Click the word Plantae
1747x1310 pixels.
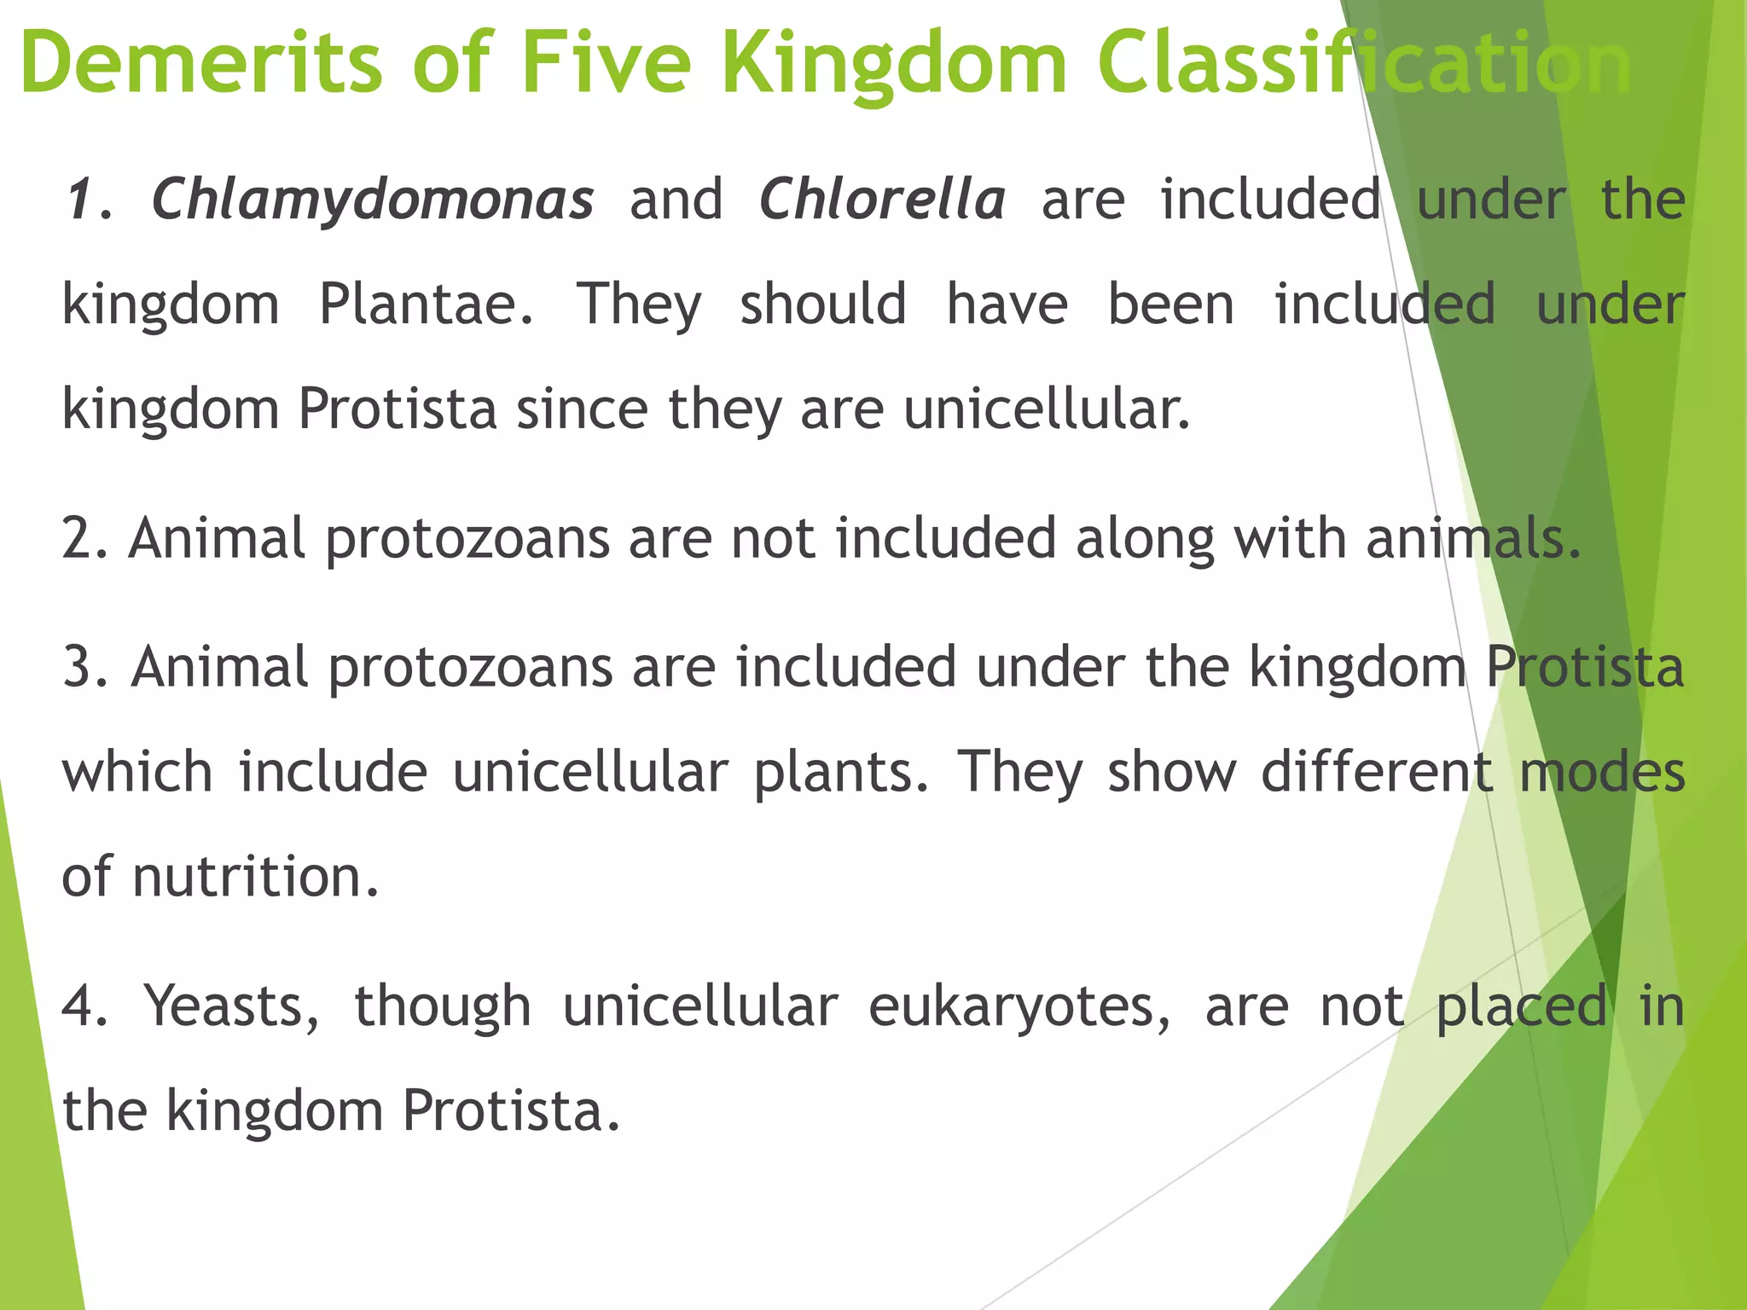point(427,304)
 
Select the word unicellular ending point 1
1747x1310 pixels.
point(1046,409)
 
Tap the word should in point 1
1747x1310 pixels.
point(822,304)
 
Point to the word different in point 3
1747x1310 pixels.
point(1377,772)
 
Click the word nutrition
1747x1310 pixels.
point(255,877)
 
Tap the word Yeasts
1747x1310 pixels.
point(230,1006)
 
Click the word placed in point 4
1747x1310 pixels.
point(1522,1006)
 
